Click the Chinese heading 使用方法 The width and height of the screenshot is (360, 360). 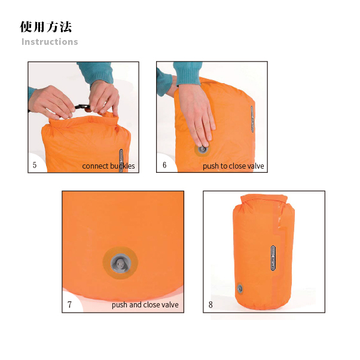point(46,27)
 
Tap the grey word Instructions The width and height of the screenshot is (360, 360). point(50,42)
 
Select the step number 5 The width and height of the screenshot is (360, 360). point(35,165)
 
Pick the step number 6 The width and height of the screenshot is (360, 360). point(164,165)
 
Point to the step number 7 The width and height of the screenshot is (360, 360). point(69,304)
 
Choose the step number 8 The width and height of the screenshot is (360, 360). point(210,304)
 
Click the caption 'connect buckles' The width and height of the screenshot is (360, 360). point(108,166)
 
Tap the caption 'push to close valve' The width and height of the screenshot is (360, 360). point(233,166)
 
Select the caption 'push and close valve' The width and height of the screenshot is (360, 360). point(145,304)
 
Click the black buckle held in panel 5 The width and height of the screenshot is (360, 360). point(82,107)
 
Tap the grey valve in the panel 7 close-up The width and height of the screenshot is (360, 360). point(121,263)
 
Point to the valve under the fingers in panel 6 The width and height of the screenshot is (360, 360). point(202,150)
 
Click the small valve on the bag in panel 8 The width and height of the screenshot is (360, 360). point(240,288)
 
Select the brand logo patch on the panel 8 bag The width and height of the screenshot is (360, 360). point(273,258)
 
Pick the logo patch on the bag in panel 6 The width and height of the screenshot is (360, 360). point(252,118)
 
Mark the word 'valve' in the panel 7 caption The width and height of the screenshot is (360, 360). point(170,304)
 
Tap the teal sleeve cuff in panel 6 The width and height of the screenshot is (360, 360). point(188,74)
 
